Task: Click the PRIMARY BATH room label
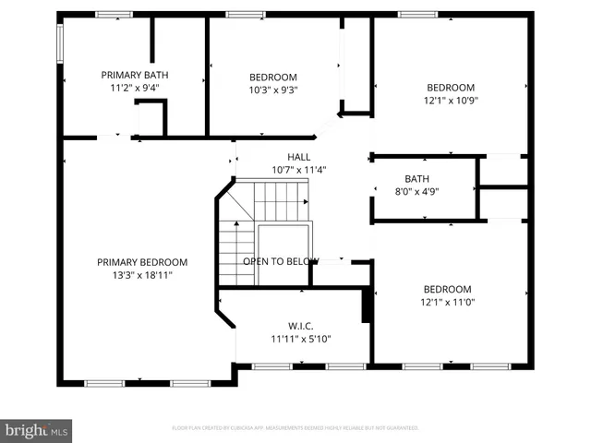[x=135, y=75]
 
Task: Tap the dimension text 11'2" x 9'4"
[x=135, y=89]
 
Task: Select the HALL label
[x=299, y=157]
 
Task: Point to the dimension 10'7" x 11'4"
[x=299, y=170]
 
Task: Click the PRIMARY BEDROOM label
[x=142, y=262]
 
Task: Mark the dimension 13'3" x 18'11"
[x=142, y=275]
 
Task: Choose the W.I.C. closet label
[x=301, y=326]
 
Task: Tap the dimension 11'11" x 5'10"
[x=301, y=339]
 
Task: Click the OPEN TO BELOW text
[x=281, y=261]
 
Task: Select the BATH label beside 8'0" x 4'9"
[x=417, y=179]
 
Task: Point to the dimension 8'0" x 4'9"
[x=417, y=192]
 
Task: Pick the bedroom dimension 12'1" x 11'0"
[x=447, y=302]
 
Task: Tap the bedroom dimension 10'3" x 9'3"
[x=273, y=90]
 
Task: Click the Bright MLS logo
[x=37, y=430]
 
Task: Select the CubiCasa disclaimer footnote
[x=295, y=428]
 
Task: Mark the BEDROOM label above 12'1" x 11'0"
[x=447, y=289]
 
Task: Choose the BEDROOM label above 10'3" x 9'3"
[x=273, y=77]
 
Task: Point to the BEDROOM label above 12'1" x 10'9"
[x=451, y=86]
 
